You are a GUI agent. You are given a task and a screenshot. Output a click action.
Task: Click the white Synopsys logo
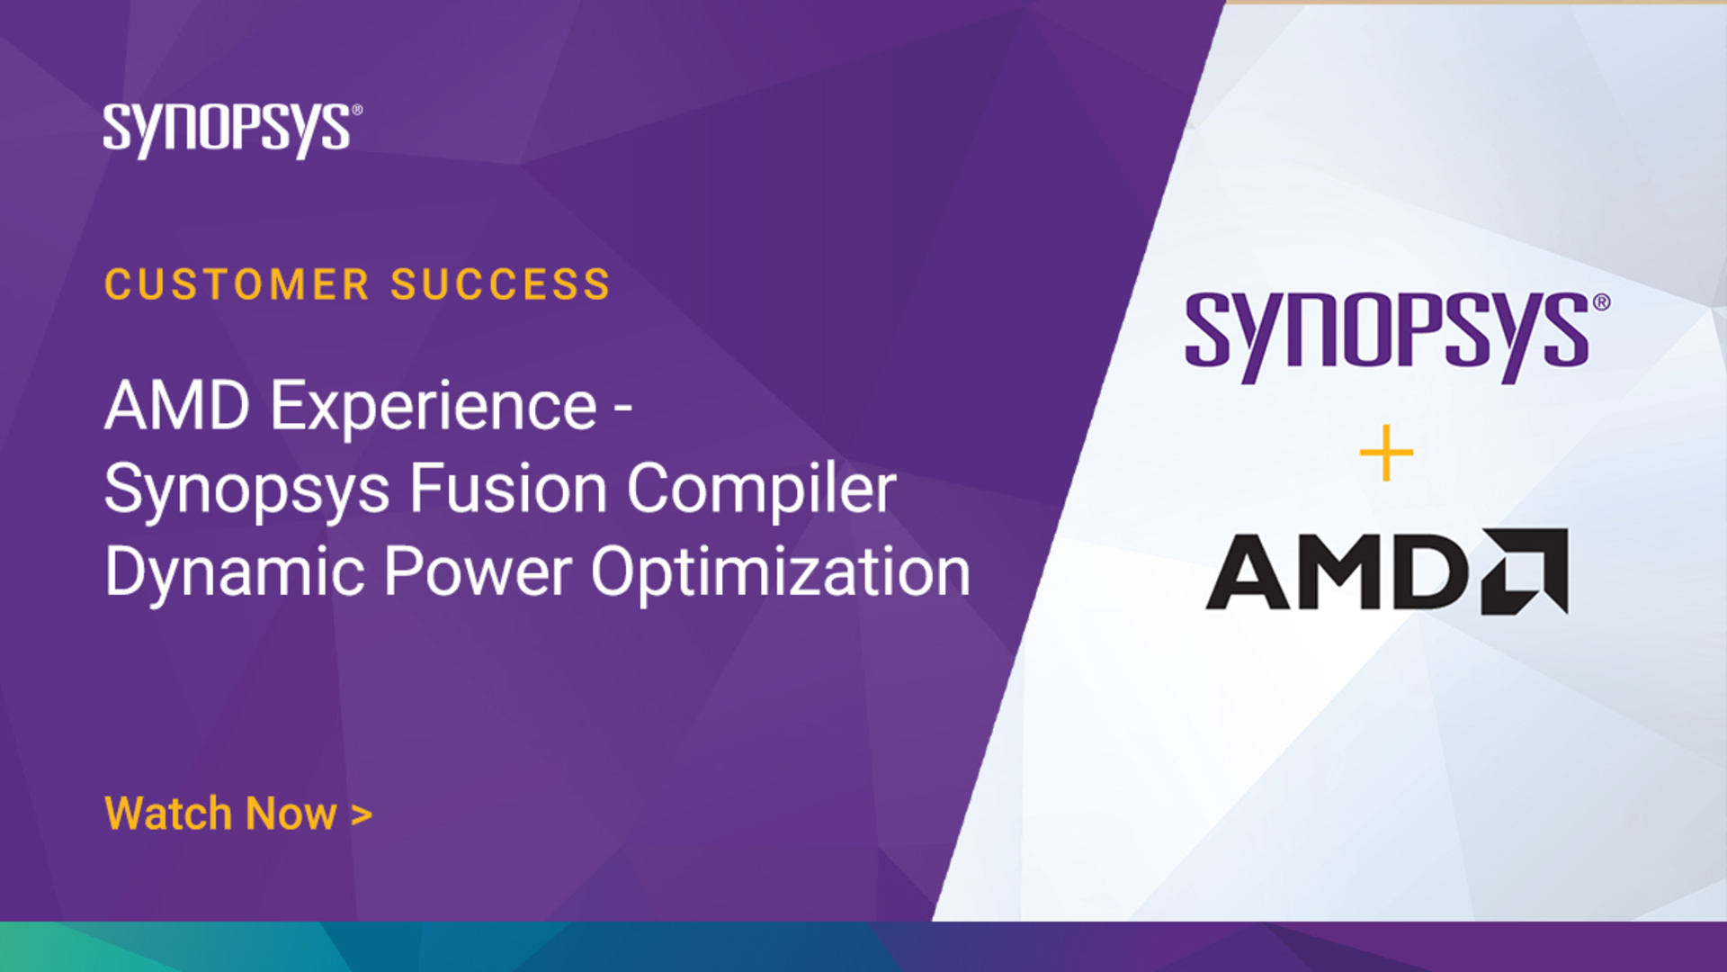[232, 130]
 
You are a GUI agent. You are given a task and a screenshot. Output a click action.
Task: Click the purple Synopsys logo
[1397, 337]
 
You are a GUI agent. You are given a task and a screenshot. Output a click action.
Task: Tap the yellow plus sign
[1386, 453]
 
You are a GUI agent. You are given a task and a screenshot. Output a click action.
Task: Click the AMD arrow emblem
[1525, 571]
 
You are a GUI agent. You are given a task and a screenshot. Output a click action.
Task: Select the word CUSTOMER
[237, 285]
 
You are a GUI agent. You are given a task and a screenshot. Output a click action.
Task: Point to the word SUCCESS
[500, 285]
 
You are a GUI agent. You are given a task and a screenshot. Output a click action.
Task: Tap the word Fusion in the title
[509, 489]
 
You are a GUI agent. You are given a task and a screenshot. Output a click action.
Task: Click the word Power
[479, 571]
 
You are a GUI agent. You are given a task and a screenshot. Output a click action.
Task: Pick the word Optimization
[781, 573]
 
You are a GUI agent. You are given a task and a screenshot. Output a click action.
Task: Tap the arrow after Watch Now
[362, 815]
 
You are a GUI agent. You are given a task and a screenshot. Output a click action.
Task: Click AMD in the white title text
[177, 406]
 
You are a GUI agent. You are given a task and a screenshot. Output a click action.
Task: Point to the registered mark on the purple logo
[1601, 302]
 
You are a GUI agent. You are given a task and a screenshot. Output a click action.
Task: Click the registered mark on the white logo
[357, 110]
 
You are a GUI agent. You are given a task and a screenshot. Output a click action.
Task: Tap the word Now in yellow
[291, 814]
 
